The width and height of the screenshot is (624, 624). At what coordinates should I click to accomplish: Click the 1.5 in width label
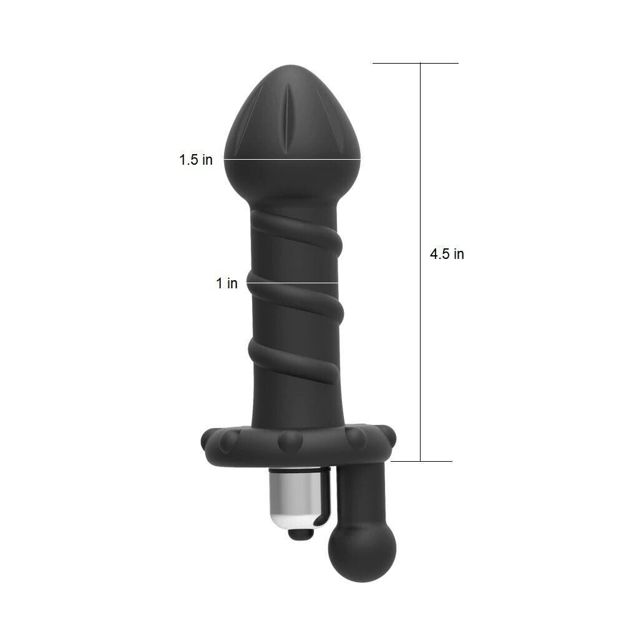click(196, 160)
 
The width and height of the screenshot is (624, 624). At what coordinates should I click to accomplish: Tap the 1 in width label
click(227, 283)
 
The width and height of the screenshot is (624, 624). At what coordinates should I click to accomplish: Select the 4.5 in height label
click(447, 254)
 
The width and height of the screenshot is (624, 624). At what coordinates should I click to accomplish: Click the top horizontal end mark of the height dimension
click(416, 63)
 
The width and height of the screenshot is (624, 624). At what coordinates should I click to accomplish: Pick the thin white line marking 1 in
click(293, 283)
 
